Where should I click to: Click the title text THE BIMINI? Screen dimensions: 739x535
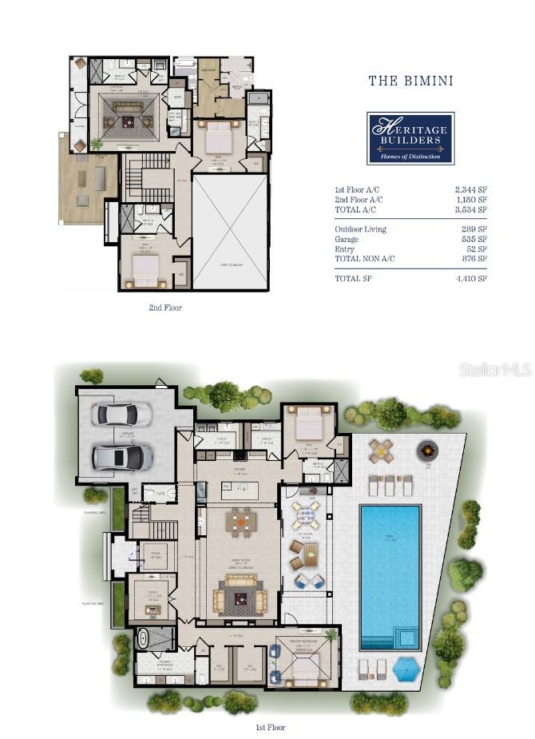click(x=410, y=80)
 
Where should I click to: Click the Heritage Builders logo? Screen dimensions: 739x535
click(x=410, y=137)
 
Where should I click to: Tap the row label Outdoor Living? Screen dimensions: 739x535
click(x=359, y=229)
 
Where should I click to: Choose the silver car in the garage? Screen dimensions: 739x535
click(x=121, y=457)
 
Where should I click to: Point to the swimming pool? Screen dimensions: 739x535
click(x=390, y=571)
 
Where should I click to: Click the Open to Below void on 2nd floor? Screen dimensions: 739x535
click(x=230, y=232)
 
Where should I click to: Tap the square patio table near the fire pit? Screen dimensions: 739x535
click(x=381, y=451)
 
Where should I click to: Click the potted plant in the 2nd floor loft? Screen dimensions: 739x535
click(x=97, y=145)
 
